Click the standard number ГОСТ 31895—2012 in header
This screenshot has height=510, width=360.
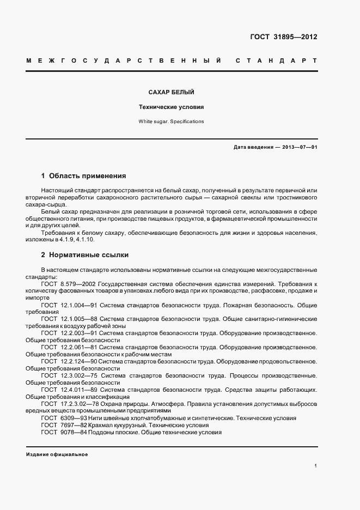(x=283, y=37)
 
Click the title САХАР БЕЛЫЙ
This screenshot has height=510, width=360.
(x=172, y=93)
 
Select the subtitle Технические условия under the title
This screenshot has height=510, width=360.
(x=172, y=107)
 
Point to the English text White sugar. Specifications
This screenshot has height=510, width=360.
(x=172, y=122)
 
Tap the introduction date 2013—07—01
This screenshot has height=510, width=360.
(x=300, y=147)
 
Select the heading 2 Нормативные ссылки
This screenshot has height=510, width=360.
(x=84, y=254)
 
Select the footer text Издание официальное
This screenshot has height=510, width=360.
(x=57, y=454)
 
